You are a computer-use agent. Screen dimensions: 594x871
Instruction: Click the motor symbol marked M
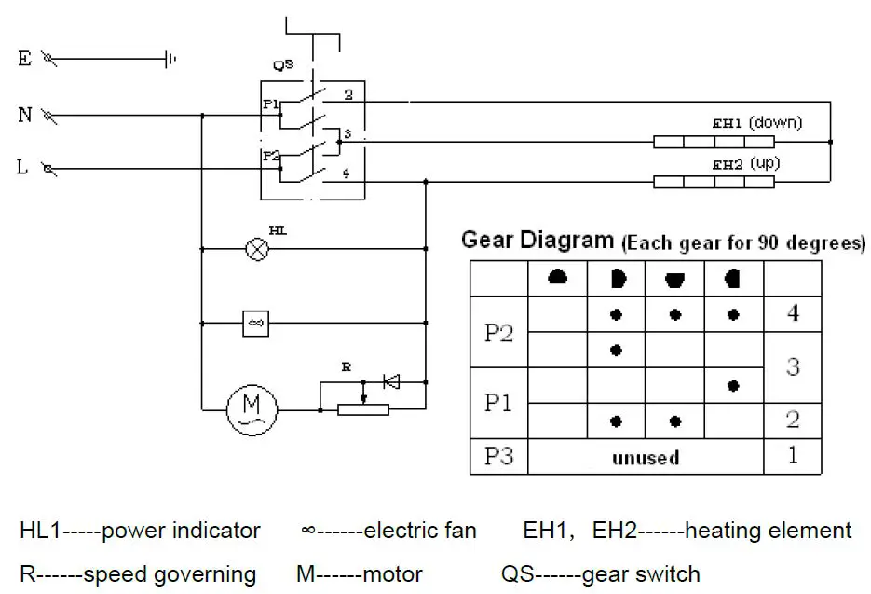(x=252, y=409)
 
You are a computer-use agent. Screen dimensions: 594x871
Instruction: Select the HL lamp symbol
(x=255, y=249)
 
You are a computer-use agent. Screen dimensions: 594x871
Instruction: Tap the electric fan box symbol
(x=255, y=323)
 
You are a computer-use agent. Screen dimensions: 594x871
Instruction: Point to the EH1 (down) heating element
(x=714, y=142)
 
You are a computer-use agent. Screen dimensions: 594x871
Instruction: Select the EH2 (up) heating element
(x=714, y=182)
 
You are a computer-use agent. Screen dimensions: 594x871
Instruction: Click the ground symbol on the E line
(x=170, y=60)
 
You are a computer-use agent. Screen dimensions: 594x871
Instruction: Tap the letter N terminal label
(x=25, y=116)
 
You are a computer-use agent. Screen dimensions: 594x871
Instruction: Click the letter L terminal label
(x=22, y=168)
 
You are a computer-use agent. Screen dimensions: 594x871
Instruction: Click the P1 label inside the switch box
(x=269, y=104)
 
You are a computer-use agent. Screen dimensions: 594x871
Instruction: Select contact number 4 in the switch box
(x=347, y=173)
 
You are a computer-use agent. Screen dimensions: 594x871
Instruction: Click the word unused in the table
(x=645, y=458)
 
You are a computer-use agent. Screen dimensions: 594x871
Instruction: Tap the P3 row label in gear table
(x=499, y=457)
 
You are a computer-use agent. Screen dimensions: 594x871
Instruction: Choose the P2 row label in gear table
(x=499, y=333)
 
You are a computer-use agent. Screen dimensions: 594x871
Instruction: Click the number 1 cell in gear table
(x=792, y=457)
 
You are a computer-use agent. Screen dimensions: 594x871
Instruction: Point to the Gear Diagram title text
(x=538, y=241)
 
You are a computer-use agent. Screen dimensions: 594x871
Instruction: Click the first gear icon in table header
(x=558, y=278)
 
